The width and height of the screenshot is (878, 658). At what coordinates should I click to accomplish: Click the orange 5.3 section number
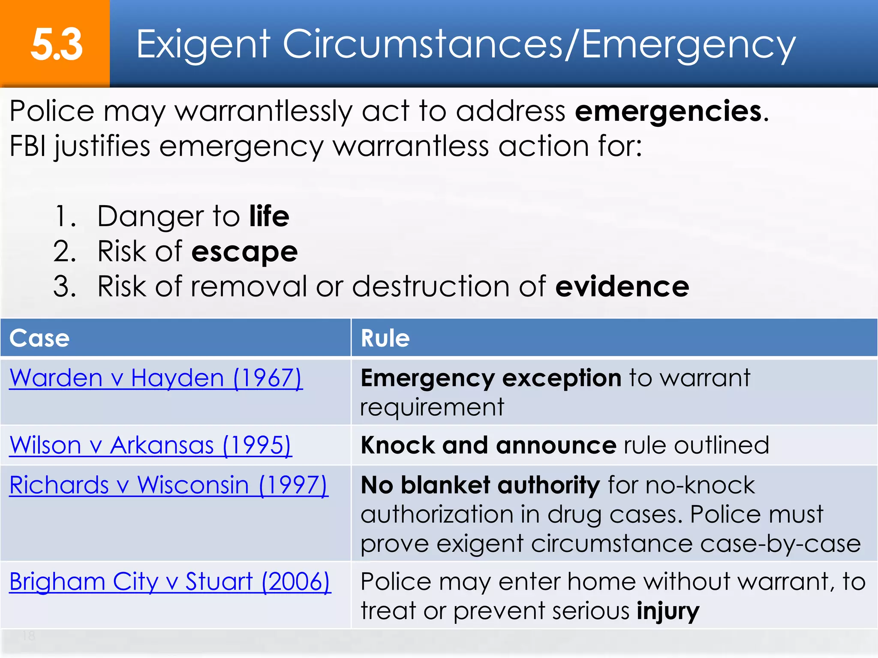pos(56,44)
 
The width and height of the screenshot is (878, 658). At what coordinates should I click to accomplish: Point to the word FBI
pos(27,146)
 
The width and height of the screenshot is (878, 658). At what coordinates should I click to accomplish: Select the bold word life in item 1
pos(269,216)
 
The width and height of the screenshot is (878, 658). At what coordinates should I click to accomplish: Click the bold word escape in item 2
pos(244,251)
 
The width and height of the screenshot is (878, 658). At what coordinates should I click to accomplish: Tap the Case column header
pos(39,338)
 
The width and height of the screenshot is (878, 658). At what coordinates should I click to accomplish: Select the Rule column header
pos(385,338)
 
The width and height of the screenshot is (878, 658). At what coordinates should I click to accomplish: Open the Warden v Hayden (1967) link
pos(156,378)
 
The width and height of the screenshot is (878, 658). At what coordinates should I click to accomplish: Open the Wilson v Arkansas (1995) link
pos(150,445)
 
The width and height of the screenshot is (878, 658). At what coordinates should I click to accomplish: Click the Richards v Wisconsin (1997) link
pos(169,485)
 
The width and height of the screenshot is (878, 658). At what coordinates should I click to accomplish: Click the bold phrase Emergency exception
pos(491,378)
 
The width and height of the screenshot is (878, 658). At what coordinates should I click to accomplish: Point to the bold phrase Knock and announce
pos(488,445)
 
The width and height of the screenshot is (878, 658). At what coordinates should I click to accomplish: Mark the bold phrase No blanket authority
pos(480,485)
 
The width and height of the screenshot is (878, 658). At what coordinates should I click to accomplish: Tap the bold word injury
pos(668,611)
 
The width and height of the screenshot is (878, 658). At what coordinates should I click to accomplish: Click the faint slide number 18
pos(29,636)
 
